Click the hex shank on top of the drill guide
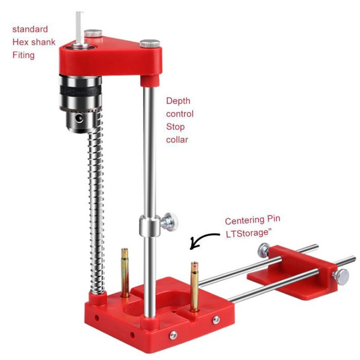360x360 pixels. [80, 27]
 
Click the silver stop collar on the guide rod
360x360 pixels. [149, 226]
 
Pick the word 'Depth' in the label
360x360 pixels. [178, 101]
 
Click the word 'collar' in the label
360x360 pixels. [177, 140]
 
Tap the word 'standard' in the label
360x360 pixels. [30, 29]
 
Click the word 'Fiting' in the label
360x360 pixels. [23, 55]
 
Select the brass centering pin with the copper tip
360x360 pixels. [194, 286]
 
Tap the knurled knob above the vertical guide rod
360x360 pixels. [150, 44]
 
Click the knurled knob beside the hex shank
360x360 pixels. [94, 33]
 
